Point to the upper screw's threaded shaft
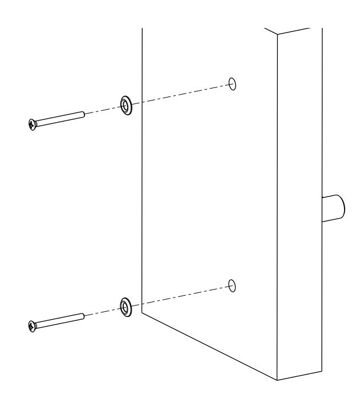click(60, 118)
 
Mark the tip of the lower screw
click(84, 315)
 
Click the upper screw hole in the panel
click(232, 83)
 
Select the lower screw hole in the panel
click(232, 285)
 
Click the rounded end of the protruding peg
click(340, 206)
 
